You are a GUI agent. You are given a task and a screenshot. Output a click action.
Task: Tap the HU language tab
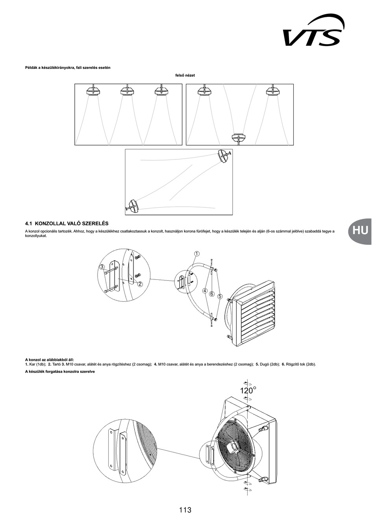360,230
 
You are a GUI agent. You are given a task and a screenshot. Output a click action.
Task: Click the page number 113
185,510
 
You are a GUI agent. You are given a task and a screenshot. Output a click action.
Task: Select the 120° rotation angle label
248,390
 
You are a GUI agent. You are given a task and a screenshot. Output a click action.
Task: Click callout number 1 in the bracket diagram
196,254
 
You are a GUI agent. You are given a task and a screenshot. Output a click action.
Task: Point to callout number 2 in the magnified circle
140,284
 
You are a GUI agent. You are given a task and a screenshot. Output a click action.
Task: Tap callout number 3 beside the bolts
102,267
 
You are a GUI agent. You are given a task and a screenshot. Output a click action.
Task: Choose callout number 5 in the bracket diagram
219,296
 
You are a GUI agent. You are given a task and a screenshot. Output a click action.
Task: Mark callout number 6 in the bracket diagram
212,294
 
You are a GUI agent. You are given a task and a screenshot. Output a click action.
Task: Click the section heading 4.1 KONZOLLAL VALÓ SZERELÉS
67,223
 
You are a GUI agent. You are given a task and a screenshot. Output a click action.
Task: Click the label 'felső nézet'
185,75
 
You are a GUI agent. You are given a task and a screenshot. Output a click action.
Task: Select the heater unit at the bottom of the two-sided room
239,137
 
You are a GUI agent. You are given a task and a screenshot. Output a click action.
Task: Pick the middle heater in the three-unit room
127,91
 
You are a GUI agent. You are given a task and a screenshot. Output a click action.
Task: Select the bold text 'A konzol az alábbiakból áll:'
50,360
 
